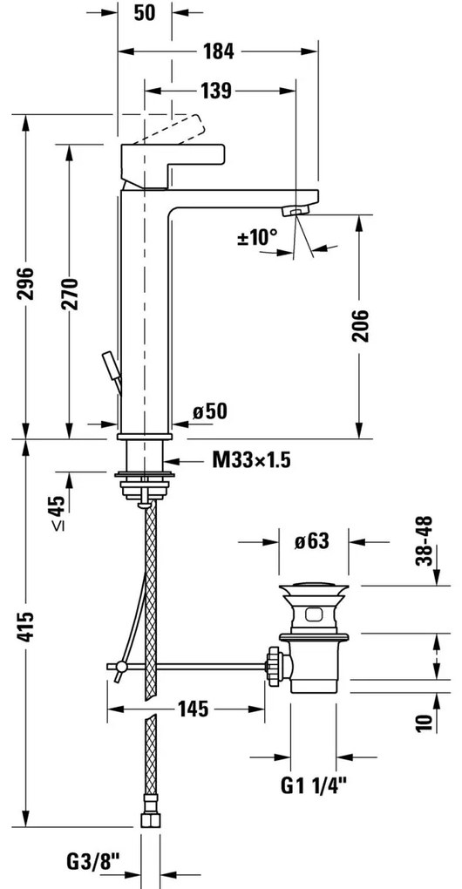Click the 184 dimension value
pos(219,51)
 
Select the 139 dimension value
pos(216,90)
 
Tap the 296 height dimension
pos(25,283)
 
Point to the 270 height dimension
pos(70,294)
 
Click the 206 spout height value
pos(360,325)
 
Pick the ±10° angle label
pos(257,237)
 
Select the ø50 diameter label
pos(209,411)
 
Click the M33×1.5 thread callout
pos(252,460)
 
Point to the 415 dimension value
pos(25,627)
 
